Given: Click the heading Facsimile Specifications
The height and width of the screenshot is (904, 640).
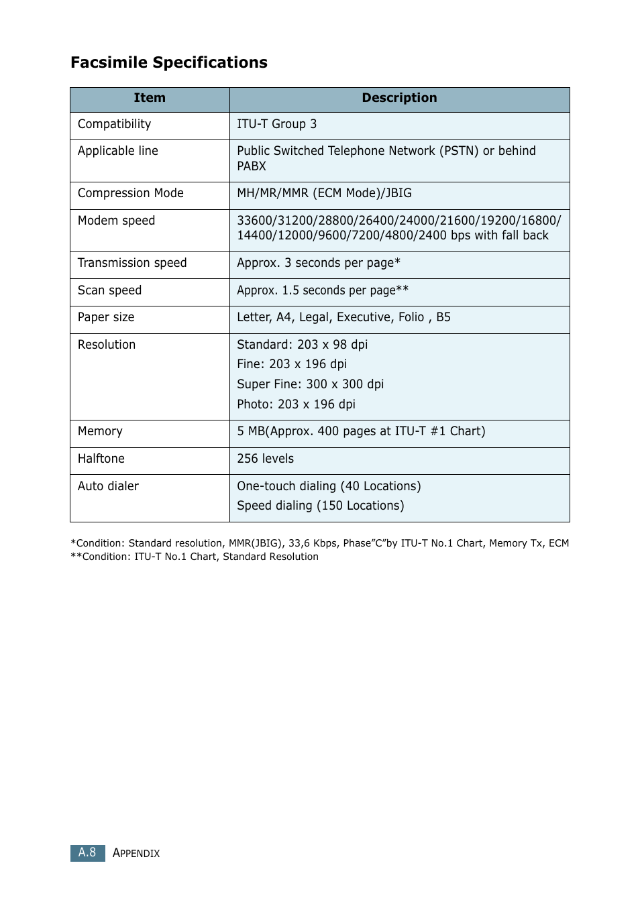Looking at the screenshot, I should coord(169,62).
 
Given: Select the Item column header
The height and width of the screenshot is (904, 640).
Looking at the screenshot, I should coord(150,98).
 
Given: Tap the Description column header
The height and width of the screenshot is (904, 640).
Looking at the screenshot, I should coord(399,98).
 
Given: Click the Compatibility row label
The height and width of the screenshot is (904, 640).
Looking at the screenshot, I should coord(114,124).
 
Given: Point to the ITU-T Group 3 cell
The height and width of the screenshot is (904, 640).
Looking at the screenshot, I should coord(276,124).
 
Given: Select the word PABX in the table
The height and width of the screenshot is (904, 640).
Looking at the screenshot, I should coord(252,166).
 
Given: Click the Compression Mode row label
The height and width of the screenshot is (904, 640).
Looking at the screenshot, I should coord(130,193).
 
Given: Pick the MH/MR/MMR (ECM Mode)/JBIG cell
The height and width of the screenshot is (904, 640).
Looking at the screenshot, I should coord(324,193).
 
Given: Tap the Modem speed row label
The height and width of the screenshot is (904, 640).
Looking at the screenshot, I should coord(116,221).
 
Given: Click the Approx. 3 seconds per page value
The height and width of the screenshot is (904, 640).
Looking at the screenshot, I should coord(318,263).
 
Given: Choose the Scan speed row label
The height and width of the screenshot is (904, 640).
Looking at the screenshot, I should coord(109,290).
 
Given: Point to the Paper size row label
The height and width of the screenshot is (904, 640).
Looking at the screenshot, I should coord(106,317).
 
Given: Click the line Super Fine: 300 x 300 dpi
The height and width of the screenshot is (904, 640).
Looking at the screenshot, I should coord(310,384).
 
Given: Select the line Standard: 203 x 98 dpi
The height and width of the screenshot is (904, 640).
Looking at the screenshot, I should coord(302,345).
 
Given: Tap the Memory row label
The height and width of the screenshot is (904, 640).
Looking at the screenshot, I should coord(100,431).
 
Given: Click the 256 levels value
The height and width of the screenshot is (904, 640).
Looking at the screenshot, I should coord(265,459).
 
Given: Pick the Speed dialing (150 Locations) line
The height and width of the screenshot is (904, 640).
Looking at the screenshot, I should coord(320,506).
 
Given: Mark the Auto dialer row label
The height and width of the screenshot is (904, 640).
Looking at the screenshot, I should coord(108,486).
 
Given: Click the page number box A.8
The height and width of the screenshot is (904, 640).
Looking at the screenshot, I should coord(87,852).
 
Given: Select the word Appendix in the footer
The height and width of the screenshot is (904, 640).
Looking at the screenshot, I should coord(136,853).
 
